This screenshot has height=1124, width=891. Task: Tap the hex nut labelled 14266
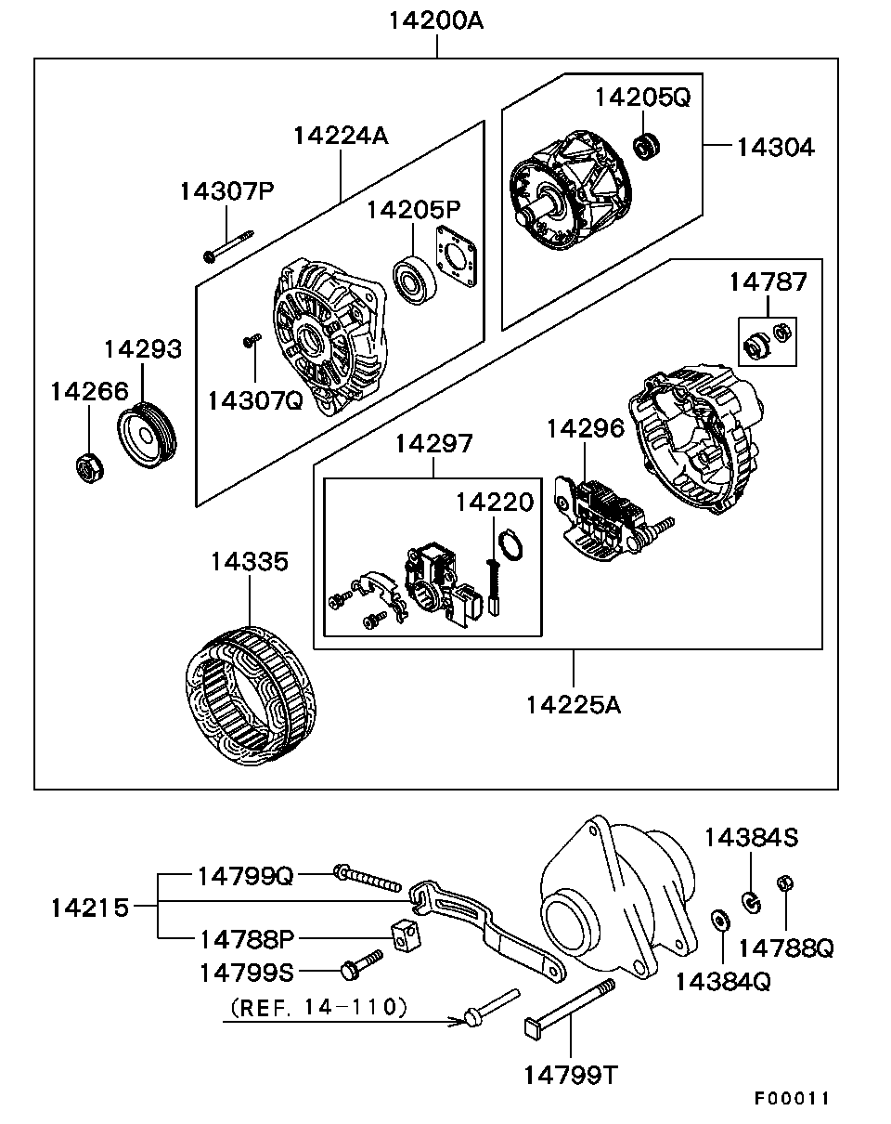click(x=88, y=465)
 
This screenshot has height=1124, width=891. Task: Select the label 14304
click(x=775, y=147)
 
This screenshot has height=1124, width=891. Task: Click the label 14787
click(x=768, y=281)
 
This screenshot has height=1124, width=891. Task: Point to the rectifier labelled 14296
click(x=599, y=516)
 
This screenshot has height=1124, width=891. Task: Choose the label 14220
click(x=495, y=503)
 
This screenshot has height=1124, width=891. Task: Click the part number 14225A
click(x=573, y=705)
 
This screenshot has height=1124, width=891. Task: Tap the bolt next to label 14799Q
click(x=367, y=877)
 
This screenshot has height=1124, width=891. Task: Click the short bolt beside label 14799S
click(x=362, y=963)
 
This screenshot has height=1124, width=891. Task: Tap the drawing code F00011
click(x=792, y=1098)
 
